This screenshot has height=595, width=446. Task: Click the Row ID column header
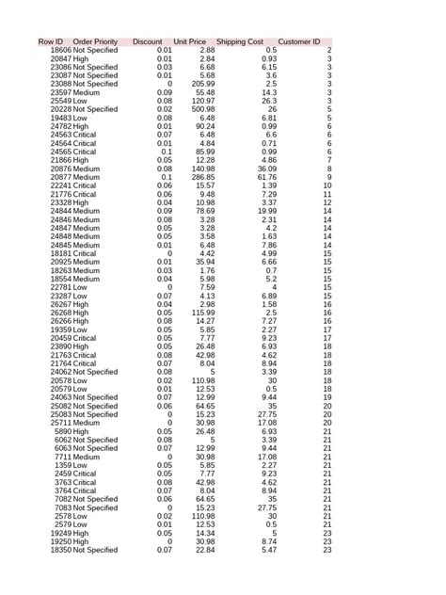click(x=50, y=41)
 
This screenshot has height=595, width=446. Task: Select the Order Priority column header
click(x=95, y=41)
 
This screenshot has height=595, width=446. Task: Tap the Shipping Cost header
click(x=239, y=41)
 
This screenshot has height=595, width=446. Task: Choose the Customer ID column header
click(x=299, y=41)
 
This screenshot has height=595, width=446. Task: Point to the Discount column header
click(x=148, y=41)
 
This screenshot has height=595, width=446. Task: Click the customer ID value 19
click(x=327, y=397)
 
